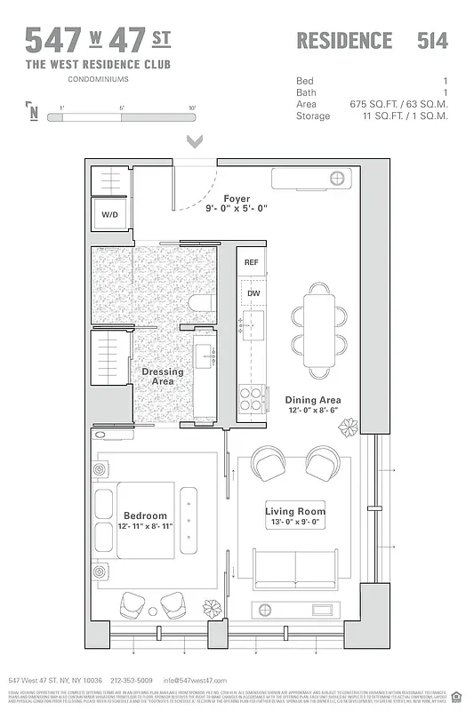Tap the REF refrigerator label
(x=252, y=262)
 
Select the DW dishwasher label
(x=253, y=292)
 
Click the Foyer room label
(x=237, y=199)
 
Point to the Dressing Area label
(x=163, y=376)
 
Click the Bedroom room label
(x=145, y=515)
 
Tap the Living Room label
(x=295, y=511)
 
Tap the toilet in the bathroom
(x=201, y=304)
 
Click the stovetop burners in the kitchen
(x=252, y=397)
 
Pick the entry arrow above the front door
(x=195, y=141)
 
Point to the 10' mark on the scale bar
(x=191, y=108)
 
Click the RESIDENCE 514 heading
(x=372, y=40)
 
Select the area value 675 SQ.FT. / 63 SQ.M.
(x=398, y=104)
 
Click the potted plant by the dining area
(x=348, y=427)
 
